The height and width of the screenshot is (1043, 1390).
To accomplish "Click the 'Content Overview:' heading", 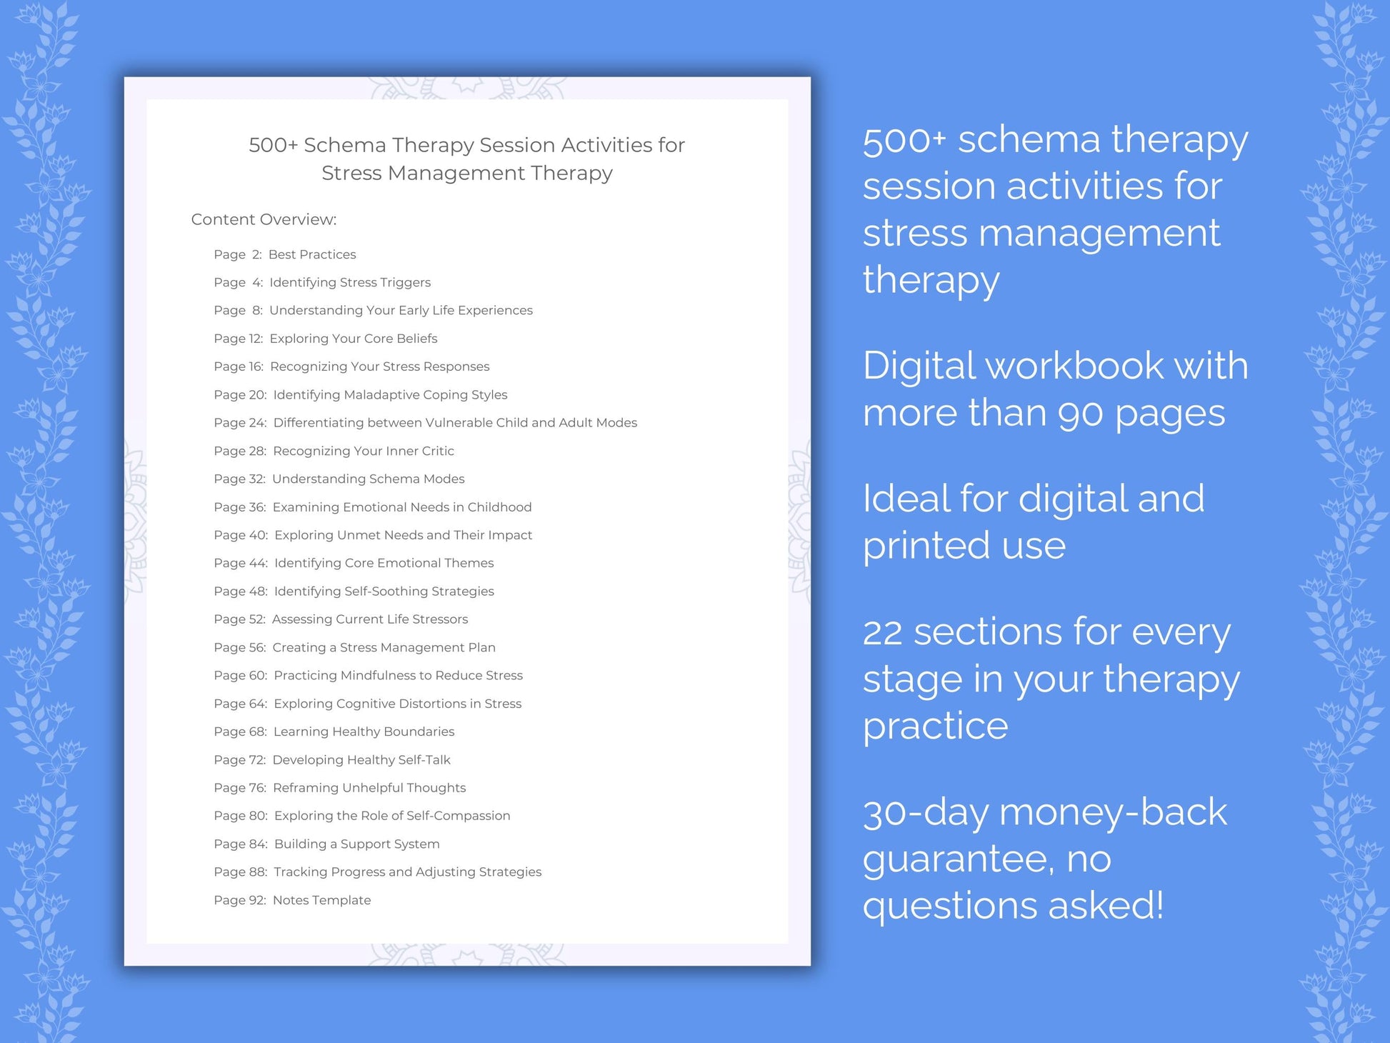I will click(x=264, y=219).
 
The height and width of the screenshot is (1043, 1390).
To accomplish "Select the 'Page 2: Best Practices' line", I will click(x=284, y=254).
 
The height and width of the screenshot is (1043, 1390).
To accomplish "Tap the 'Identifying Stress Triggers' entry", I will click(x=350, y=282).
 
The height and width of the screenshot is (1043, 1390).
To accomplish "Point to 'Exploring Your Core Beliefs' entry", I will click(x=354, y=339).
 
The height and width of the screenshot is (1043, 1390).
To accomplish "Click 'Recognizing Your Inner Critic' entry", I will click(x=364, y=451).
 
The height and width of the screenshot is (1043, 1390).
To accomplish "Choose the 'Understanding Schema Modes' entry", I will click(x=368, y=479).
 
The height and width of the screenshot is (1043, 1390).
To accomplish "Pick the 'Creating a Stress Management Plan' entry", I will click(x=384, y=647).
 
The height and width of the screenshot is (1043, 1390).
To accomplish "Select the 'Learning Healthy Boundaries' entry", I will click(x=364, y=732).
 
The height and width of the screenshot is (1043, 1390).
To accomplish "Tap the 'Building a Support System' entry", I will click(x=356, y=844).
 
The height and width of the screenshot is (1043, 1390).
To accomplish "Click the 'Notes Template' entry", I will click(x=321, y=900).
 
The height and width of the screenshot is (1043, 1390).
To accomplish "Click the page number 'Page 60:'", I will click(x=240, y=675).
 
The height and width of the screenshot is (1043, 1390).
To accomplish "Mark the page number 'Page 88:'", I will click(x=240, y=872).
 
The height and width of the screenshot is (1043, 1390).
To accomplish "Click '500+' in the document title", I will click(x=273, y=145).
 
